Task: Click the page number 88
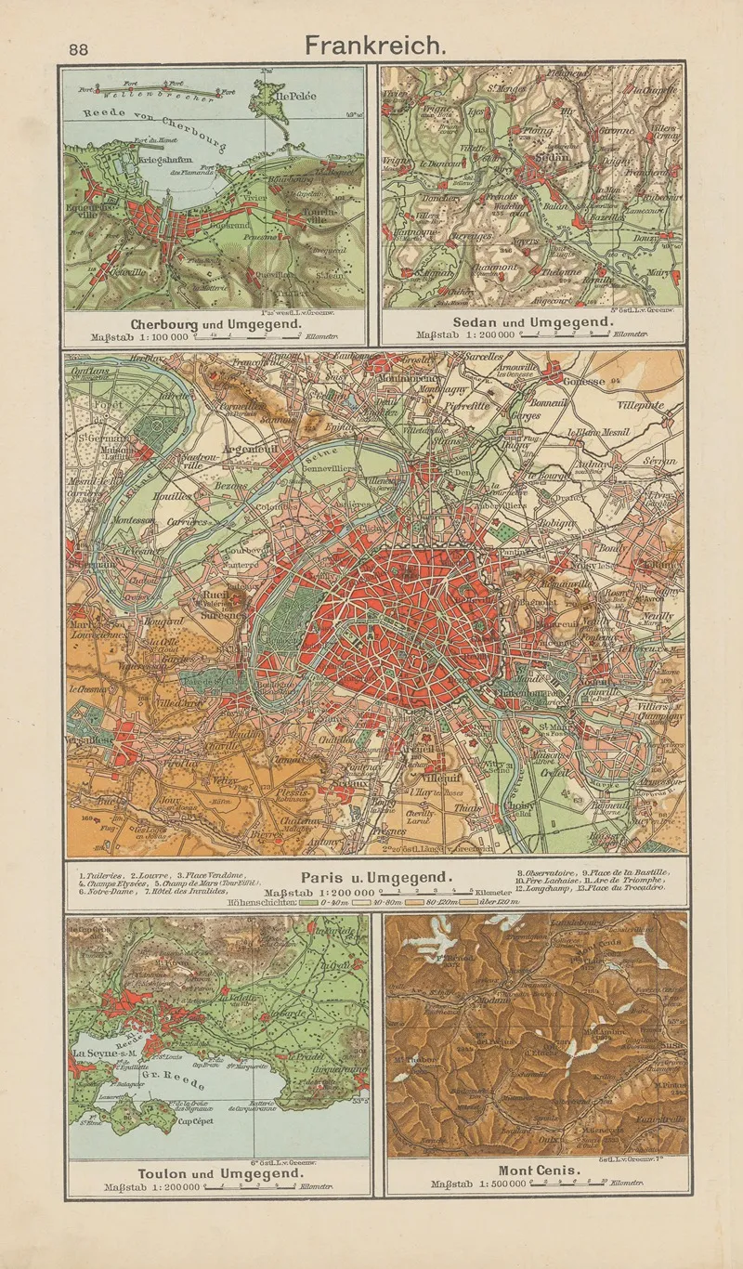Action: (x=78, y=50)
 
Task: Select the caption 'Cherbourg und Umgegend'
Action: (x=215, y=324)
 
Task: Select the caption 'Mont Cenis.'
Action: (x=540, y=1171)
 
